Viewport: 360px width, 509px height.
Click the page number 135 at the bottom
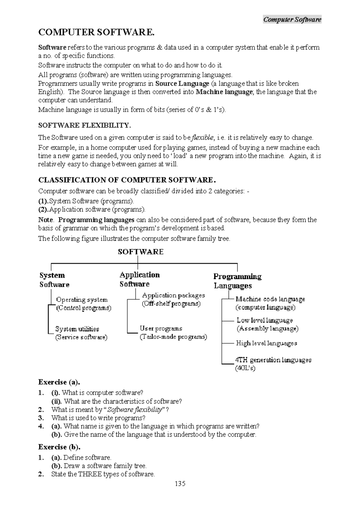[180, 483]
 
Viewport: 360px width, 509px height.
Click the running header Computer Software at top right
[292, 20]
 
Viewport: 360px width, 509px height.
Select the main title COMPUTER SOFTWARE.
[96, 32]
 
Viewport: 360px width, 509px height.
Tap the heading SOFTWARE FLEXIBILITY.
[85, 125]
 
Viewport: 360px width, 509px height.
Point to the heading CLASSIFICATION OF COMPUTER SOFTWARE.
[127, 180]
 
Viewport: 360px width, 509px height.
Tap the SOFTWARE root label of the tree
[140, 251]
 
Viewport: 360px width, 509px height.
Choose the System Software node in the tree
[54, 280]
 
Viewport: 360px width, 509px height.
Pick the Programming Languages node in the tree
[237, 281]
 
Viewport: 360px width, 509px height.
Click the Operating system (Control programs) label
[83, 304]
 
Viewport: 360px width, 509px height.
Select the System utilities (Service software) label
[81, 333]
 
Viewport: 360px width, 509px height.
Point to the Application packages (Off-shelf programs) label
[173, 299]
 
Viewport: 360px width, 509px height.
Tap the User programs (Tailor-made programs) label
[173, 333]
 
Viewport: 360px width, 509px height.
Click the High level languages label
[266, 343]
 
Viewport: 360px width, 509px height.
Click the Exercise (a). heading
[59, 382]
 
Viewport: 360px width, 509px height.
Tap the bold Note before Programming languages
[46, 220]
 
